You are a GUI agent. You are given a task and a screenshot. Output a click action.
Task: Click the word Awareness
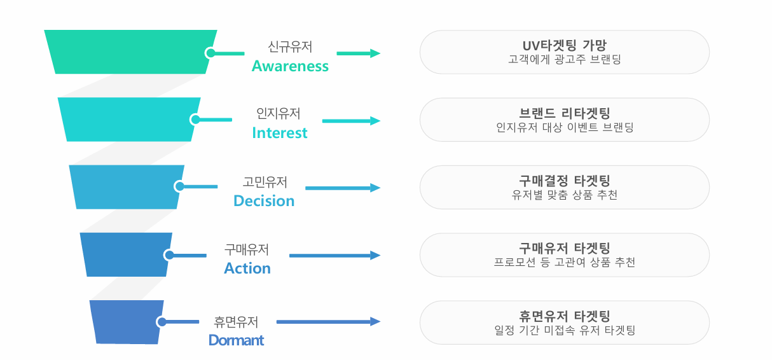click(x=290, y=66)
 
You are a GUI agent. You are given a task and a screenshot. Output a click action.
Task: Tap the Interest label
click(x=280, y=133)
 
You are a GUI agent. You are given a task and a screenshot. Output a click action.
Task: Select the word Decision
click(x=264, y=201)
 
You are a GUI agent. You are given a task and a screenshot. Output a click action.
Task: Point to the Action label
click(x=247, y=268)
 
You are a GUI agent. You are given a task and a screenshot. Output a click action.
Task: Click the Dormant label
click(x=237, y=340)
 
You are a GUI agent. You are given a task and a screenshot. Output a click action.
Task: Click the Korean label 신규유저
click(x=290, y=46)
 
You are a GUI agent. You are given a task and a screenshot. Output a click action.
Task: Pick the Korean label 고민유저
click(x=265, y=182)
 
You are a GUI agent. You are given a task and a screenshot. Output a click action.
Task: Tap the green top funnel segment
click(x=130, y=52)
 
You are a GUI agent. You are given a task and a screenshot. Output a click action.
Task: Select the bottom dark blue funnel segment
click(x=127, y=322)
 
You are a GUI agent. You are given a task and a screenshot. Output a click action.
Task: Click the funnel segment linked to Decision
click(x=127, y=187)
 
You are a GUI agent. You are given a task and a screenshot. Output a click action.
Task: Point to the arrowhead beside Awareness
click(x=375, y=53)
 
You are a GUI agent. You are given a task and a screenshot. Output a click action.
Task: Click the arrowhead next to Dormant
click(x=375, y=322)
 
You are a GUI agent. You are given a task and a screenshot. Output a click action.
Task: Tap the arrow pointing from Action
click(x=334, y=256)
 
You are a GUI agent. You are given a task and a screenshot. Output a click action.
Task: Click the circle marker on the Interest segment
click(x=195, y=120)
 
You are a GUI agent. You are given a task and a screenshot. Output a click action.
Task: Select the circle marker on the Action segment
click(x=169, y=255)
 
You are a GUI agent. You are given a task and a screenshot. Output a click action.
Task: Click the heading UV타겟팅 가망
click(x=564, y=45)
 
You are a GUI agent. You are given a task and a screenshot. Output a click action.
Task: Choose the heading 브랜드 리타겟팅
click(x=564, y=113)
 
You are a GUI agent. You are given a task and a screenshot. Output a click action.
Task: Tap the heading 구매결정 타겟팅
click(x=564, y=181)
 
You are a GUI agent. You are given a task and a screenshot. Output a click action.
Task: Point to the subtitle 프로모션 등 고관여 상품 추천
click(x=564, y=263)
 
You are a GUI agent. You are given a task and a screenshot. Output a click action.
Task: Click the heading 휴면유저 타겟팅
click(x=564, y=316)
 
